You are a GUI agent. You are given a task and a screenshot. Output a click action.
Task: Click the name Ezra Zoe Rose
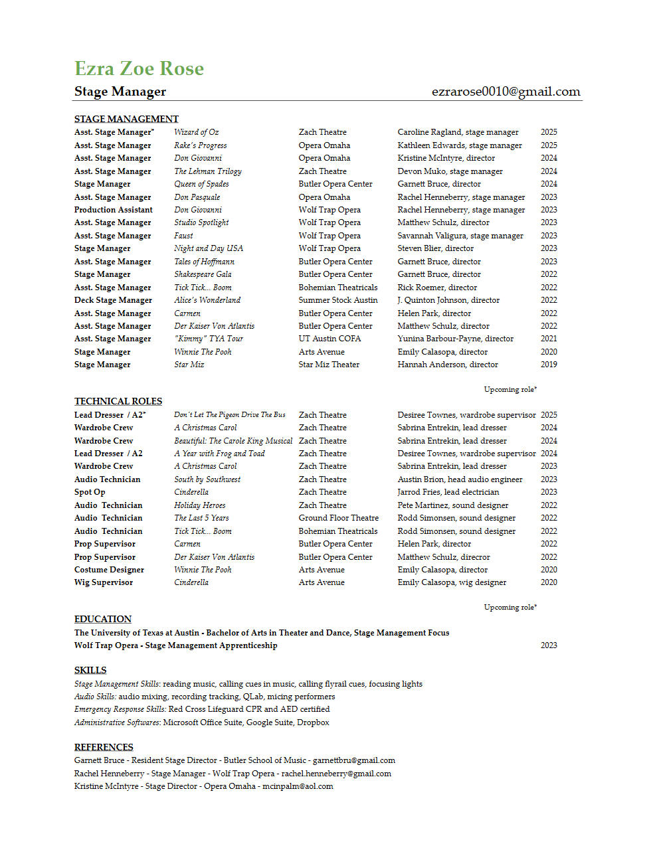click(139, 68)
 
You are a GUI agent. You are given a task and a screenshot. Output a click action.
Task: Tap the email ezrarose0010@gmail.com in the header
click(506, 92)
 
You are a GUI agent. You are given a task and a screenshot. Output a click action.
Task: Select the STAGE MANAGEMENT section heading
click(126, 119)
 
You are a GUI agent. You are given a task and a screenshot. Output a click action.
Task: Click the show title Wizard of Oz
click(196, 132)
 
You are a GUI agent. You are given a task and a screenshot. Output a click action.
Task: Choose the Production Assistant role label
click(113, 210)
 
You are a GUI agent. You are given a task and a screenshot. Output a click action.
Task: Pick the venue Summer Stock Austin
click(337, 300)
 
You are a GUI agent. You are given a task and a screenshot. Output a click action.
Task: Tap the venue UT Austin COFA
click(329, 339)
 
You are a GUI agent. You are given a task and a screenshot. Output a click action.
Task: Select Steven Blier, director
click(435, 248)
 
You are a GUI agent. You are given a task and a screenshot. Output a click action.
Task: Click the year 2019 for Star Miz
click(549, 365)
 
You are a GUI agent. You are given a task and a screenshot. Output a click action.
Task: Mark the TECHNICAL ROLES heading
click(118, 401)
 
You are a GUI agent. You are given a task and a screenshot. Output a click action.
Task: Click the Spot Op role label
click(90, 492)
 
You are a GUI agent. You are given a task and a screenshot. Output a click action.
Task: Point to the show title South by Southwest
click(207, 479)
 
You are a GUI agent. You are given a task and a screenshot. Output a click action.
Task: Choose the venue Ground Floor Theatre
click(338, 518)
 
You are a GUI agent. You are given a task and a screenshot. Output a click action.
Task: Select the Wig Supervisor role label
click(104, 582)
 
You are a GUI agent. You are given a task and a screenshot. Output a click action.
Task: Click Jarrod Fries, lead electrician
click(448, 492)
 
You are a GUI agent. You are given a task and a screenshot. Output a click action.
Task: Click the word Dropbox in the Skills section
click(313, 722)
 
